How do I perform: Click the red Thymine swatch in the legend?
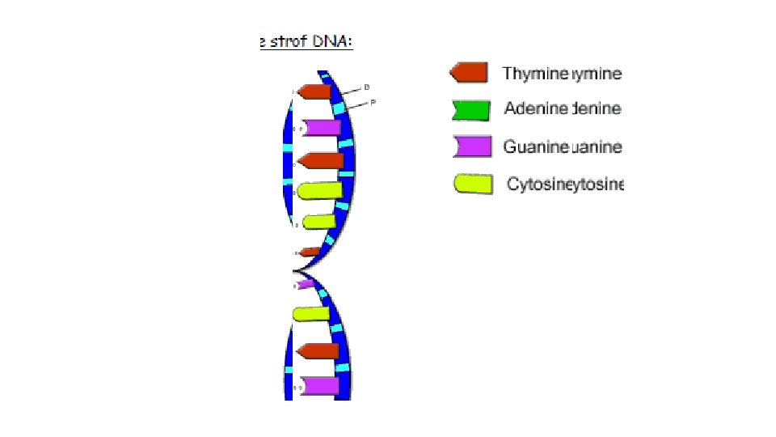[x=469, y=74]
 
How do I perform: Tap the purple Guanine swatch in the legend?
[x=472, y=146]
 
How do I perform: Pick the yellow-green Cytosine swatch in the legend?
[x=473, y=184]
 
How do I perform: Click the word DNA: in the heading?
[x=333, y=41]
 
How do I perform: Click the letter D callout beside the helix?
[x=367, y=87]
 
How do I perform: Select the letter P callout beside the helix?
[x=373, y=102]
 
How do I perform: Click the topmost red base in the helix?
[x=315, y=92]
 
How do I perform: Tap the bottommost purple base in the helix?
[x=319, y=386]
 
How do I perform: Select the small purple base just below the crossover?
[x=308, y=284]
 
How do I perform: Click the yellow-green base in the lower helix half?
[x=310, y=314]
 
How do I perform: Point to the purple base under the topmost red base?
[x=320, y=127]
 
